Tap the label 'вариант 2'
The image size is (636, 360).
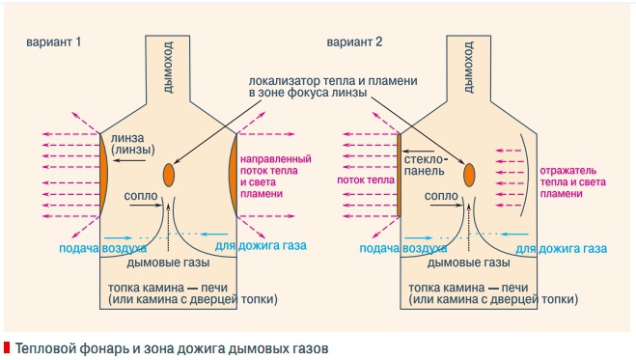353,43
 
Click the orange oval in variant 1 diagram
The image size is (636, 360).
169,175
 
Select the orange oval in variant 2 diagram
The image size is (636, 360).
470,175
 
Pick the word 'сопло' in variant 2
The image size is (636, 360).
441,196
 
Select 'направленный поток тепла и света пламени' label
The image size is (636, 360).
274,175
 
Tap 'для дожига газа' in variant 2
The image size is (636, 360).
561,248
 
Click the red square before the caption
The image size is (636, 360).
7,346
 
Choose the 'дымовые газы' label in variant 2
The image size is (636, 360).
468,263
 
